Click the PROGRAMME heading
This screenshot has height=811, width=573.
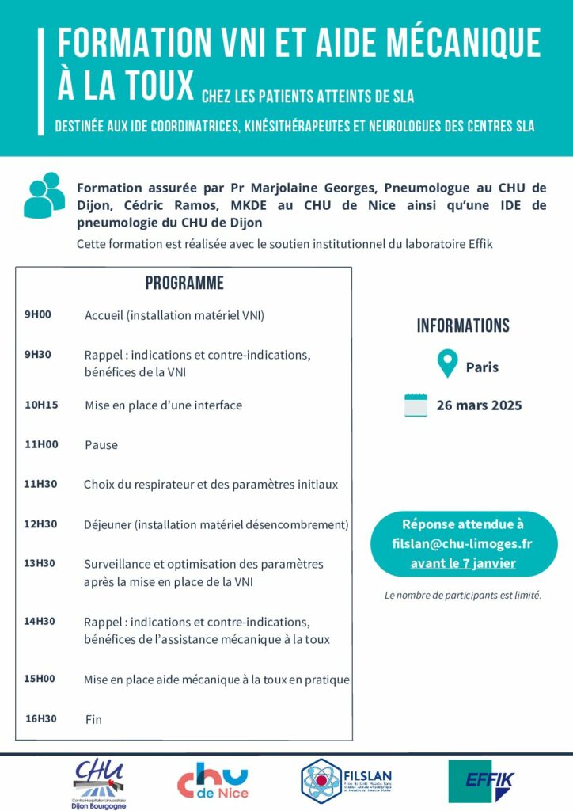pos(184,284)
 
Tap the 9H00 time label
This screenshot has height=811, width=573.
pos(37,314)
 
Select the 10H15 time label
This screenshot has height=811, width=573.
pos(41,405)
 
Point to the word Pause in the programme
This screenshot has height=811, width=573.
pos(101,445)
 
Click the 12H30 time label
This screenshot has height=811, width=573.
pos(40,524)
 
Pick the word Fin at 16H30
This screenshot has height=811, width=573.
pos(93,720)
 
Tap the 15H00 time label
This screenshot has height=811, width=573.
pos(40,679)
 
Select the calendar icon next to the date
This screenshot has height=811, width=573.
pos(416,405)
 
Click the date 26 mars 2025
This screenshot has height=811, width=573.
pos(479,405)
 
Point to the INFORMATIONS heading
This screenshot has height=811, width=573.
pos(463,326)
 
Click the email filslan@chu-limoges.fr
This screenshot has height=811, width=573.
pos(462,544)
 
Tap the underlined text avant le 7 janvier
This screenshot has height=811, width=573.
pos(463,564)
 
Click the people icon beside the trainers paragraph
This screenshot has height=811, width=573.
pos(44,195)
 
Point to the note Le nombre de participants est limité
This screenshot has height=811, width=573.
pos(463,595)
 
